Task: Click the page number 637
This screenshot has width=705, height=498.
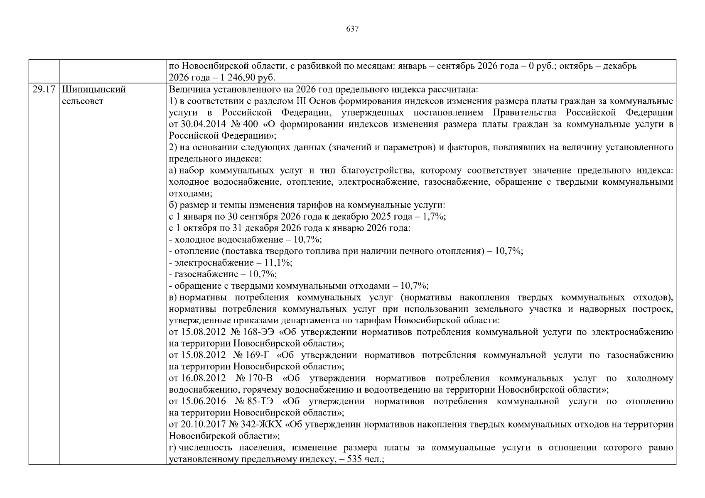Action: (x=352, y=29)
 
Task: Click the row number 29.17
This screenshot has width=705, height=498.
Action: (x=44, y=90)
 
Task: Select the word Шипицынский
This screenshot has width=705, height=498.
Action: (x=93, y=90)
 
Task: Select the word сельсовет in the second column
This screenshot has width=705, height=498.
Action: (x=83, y=101)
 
